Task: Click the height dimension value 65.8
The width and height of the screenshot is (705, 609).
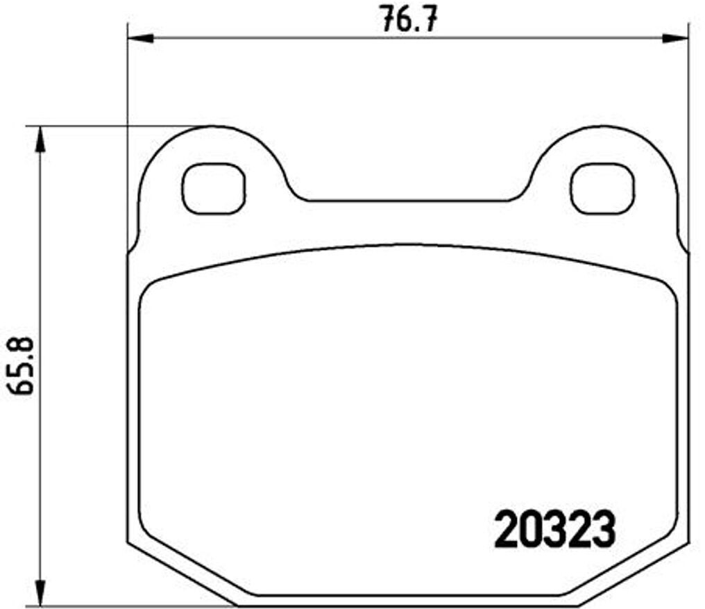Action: click(23, 365)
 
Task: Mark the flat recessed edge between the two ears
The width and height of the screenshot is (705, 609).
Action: click(407, 201)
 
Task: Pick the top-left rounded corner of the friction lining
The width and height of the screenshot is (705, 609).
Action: click(149, 288)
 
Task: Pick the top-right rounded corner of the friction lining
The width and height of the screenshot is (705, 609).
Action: click(668, 288)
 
